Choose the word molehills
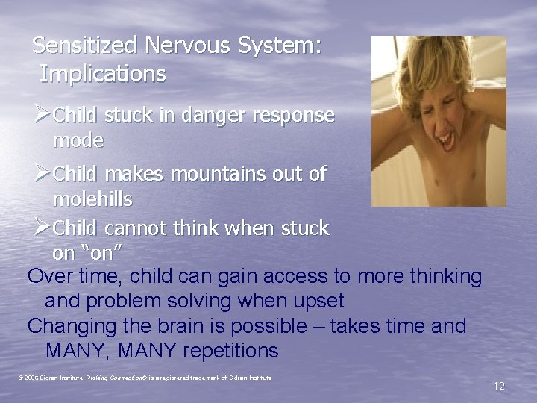coord(92,199)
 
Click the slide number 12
coord(498,386)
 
